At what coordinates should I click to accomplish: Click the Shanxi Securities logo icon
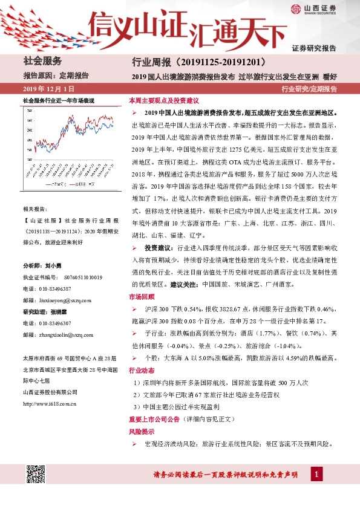click(x=295, y=9)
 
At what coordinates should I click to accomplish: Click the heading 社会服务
click(x=42, y=60)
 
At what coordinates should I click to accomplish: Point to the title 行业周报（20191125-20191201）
click(x=198, y=62)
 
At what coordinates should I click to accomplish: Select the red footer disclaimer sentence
click(x=232, y=476)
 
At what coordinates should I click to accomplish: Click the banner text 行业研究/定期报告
click(x=309, y=89)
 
